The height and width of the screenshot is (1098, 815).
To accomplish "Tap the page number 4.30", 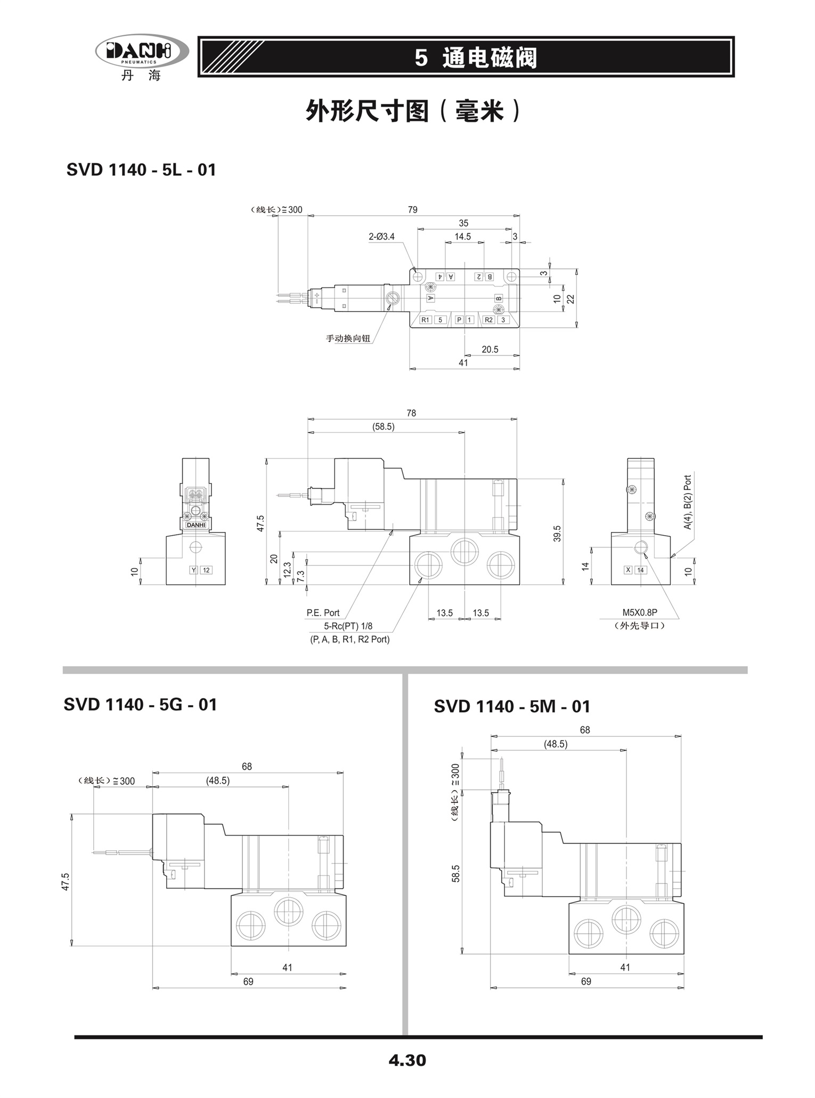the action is tap(407, 1060).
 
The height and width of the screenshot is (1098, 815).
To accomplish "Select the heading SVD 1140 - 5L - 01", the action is tap(141, 170).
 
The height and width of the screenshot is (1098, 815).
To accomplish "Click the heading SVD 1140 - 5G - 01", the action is tap(140, 704).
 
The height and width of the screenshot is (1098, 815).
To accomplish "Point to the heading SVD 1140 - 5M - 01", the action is tap(512, 707).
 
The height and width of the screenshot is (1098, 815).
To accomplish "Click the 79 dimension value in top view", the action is tap(412, 210).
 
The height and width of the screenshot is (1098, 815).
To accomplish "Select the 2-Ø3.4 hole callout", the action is tap(382, 236).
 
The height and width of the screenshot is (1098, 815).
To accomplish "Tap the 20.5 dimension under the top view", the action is tap(490, 349).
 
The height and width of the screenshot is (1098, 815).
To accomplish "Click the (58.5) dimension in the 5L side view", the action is tap(384, 427).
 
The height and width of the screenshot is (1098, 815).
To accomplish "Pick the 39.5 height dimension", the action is tap(557, 534).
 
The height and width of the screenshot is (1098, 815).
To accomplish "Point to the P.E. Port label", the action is tap(323, 613).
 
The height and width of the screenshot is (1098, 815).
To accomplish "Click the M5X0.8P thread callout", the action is tap(640, 613).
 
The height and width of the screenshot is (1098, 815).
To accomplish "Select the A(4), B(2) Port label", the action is tap(687, 502).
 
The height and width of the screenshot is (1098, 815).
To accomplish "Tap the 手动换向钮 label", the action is tap(348, 338).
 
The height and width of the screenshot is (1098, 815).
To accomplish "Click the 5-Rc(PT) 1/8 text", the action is tap(348, 626).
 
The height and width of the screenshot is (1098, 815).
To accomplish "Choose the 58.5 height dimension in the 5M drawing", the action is tap(456, 873).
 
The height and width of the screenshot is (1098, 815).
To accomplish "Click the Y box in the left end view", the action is tap(194, 570).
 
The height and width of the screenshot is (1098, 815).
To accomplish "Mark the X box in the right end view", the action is tap(628, 570).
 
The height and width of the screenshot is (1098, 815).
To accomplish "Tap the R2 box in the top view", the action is tap(488, 320).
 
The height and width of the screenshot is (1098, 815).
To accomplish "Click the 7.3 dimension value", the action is tap(300, 576).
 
